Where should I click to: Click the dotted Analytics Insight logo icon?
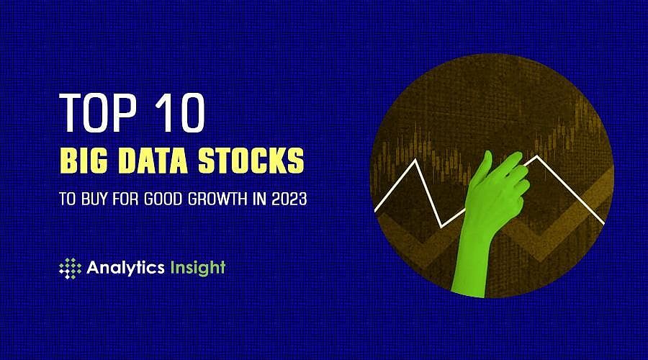70,268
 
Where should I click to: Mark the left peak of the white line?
416,161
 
